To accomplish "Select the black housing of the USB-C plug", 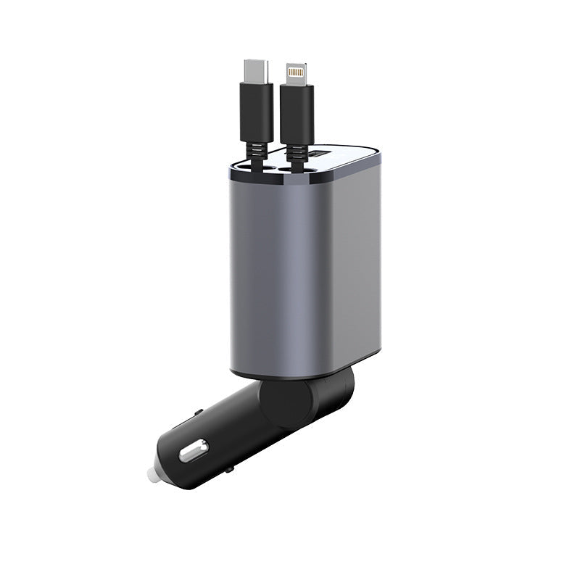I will (x=256, y=112).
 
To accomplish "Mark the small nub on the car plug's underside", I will (x=229, y=471).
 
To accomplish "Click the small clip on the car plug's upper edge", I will (x=198, y=414).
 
